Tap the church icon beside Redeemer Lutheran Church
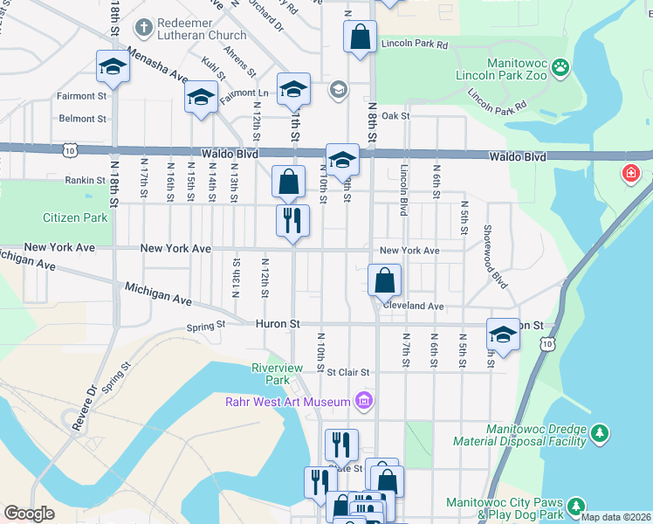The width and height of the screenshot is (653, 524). click(143, 29)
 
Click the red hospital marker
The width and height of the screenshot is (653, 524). click(630, 175)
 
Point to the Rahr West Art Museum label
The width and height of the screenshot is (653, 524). click(288, 402)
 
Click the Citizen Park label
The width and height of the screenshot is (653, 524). click(75, 217)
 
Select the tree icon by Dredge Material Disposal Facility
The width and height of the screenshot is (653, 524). click(599, 433)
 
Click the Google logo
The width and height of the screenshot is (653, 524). click(29, 514)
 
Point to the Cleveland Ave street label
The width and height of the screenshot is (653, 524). click(413, 307)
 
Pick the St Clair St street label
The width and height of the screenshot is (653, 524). click(349, 371)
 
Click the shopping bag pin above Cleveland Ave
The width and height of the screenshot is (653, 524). click(384, 280)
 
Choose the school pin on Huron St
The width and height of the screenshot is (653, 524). click(503, 334)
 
